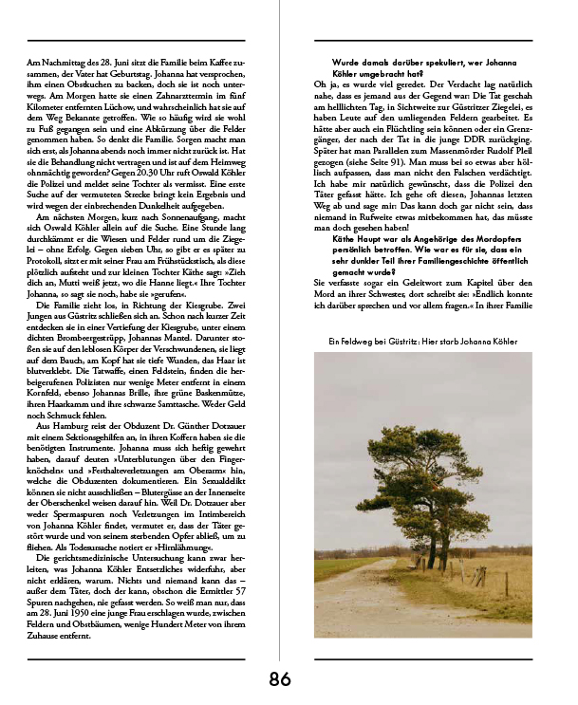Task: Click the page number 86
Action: (x=280, y=678)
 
